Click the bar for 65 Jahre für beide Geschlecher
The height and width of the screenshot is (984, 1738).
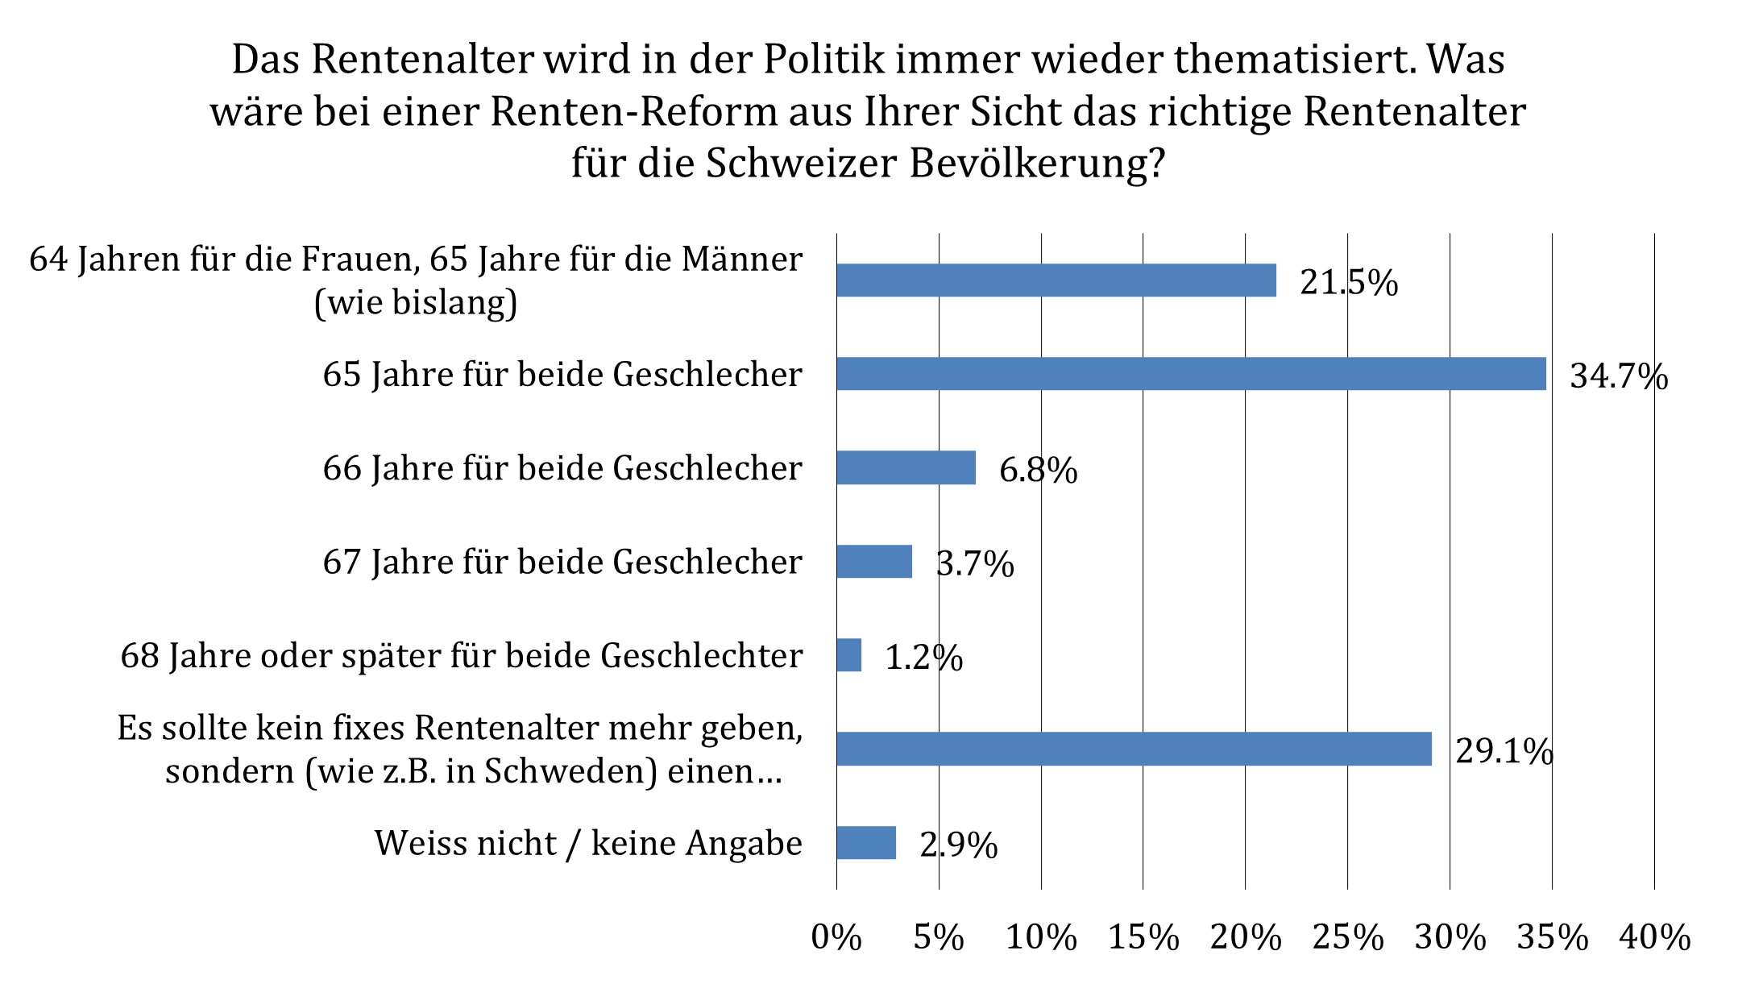(x=1191, y=374)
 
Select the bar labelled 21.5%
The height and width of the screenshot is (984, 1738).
(x=1056, y=280)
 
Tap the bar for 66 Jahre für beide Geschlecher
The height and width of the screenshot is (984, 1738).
(x=906, y=467)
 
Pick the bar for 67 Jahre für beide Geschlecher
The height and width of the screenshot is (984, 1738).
(x=874, y=562)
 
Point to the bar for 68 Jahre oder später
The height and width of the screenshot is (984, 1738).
(x=848, y=655)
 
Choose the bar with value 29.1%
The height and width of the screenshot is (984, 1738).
(x=1134, y=749)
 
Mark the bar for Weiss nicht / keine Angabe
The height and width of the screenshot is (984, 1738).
(x=866, y=843)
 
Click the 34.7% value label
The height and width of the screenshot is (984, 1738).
(x=1619, y=376)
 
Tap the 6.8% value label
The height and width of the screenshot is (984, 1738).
(x=1038, y=470)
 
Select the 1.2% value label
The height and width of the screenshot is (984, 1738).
(x=924, y=658)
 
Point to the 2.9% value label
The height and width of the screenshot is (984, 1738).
(x=959, y=845)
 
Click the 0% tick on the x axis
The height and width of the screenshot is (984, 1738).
(x=836, y=937)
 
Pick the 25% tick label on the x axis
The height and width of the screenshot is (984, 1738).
(x=1348, y=937)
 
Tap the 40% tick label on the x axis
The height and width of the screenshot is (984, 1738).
(x=1655, y=937)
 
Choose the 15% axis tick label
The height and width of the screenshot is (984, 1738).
(x=1143, y=937)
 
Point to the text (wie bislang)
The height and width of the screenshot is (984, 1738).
(x=416, y=302)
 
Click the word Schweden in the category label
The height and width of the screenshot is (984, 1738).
(x=570, y=771)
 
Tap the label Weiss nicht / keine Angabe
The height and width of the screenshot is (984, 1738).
(x=588, y=844)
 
